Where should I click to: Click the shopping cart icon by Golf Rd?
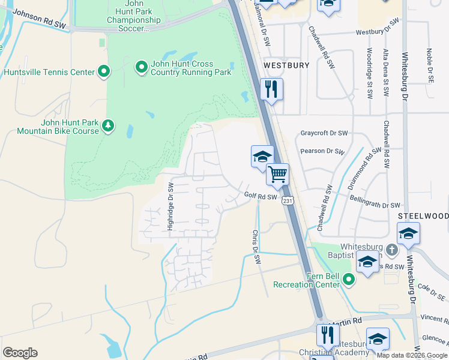click(277, 175)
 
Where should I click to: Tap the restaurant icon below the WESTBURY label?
click(271, 89)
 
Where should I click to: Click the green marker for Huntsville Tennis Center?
click(104, 72)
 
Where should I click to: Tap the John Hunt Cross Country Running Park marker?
click(141, 67)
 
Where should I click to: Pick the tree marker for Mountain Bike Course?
click(107, 125)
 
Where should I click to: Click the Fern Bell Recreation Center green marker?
click(349, 278)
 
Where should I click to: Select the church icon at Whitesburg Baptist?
click(391, 248)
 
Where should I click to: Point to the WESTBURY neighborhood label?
click(286, 65)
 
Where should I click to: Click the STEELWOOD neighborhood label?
click(423, 215)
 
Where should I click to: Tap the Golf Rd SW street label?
click(261, 196)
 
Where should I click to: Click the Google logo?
click(20, 353)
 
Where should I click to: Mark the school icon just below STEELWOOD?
click(408, 234)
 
